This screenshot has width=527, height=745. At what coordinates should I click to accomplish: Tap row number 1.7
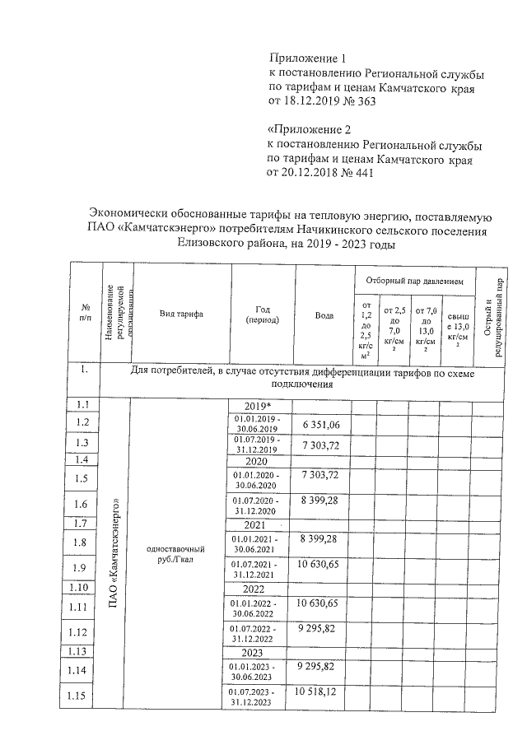[82, 523]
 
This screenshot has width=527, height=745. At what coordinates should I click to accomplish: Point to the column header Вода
[324, 315]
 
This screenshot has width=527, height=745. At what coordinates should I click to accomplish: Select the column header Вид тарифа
[181, 315]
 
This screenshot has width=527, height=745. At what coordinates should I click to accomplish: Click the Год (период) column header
[262, 315]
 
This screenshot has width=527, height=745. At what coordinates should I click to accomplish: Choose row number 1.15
[82, 697]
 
